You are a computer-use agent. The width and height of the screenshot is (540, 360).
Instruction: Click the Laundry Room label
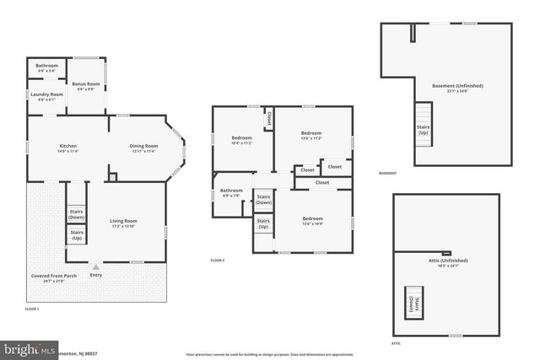coord(47,96)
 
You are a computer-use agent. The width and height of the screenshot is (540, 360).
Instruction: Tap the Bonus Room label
coord(85,86)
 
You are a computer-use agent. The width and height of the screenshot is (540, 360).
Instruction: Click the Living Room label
coord(123,223)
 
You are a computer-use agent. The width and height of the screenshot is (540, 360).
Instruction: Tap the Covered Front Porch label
coord(58,277)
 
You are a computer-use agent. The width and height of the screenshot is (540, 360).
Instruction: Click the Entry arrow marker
coord(95,266)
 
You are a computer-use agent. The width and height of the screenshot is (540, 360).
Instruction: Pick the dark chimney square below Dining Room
coord(113,176)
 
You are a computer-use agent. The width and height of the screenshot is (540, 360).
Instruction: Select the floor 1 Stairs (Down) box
coord(76,214)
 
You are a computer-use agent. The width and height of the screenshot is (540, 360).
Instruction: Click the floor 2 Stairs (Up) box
coord(263,223)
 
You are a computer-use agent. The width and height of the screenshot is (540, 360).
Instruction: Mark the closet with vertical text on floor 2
coord(269,120)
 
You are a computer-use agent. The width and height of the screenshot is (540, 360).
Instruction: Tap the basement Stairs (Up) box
coord(423,130)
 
